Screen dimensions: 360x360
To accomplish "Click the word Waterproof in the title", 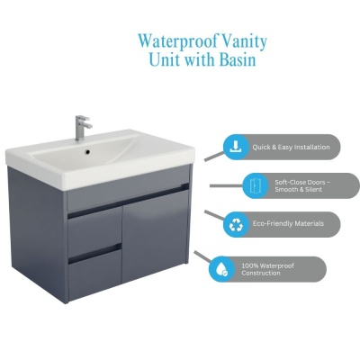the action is pos(178,41).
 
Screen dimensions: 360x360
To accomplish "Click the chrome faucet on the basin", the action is pos(83,128).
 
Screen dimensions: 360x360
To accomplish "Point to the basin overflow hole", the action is pos(87,152).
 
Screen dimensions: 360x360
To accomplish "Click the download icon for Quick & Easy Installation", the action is pos(236,147).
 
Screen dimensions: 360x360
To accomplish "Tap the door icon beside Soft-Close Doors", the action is pos(255,185).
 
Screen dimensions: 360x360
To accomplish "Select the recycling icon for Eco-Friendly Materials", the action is pos(236,225).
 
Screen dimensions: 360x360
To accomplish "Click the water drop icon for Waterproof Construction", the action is pos(221,269).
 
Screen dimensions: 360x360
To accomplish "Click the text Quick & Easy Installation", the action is pos(291,148).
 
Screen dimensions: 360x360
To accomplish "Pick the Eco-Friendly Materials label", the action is pos(288,223).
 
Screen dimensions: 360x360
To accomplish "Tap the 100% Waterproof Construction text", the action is pos(267,269).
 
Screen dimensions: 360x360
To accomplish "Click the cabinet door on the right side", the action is pos(155,237).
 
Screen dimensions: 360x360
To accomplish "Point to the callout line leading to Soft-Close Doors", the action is pos(226,186).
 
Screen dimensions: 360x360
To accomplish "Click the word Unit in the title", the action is pos(165,59).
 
